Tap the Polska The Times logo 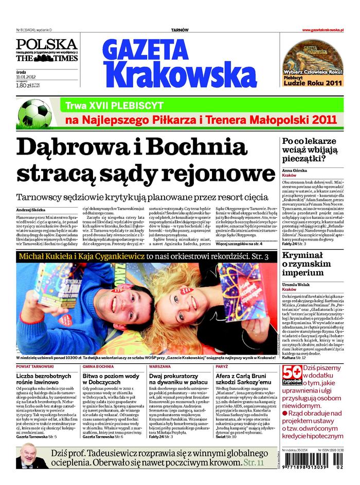(47, 50)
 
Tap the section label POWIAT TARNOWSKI (35, 367)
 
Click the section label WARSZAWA (160, 367)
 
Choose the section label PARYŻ (222, 367)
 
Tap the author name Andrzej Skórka (31, 211)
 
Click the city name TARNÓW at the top (179, 30)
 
